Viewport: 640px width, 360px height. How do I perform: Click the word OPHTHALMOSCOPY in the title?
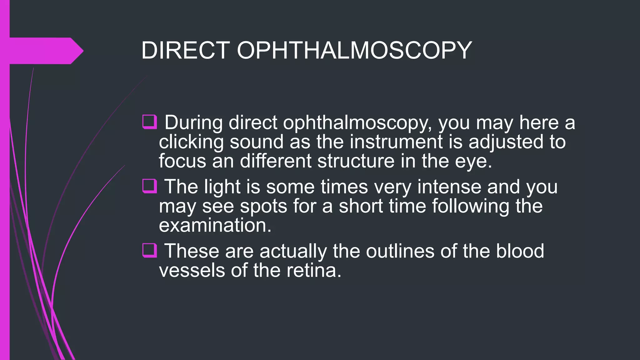pyautogui.click(x=354, y=50)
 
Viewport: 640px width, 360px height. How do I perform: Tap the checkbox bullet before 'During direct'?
pyautogui.click(x=149, y=122)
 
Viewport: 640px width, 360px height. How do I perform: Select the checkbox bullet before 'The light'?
pyautogui.click(x=149, y=186)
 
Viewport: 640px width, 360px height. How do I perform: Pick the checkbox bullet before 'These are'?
pyautogui.click(x=149, y=251)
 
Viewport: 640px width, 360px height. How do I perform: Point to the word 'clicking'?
pyautogui.click(x=191, y=142)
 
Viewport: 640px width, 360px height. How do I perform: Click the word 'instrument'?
pyautogui.click(x=396, y=142)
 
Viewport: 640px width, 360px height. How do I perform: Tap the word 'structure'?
pyautogui.click(x=356, y=161)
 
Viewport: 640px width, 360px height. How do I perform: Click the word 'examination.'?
pyautogui.click(x=215, y=226)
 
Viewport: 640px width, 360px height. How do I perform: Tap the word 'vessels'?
pyautogui.click(x=192, y=270)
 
